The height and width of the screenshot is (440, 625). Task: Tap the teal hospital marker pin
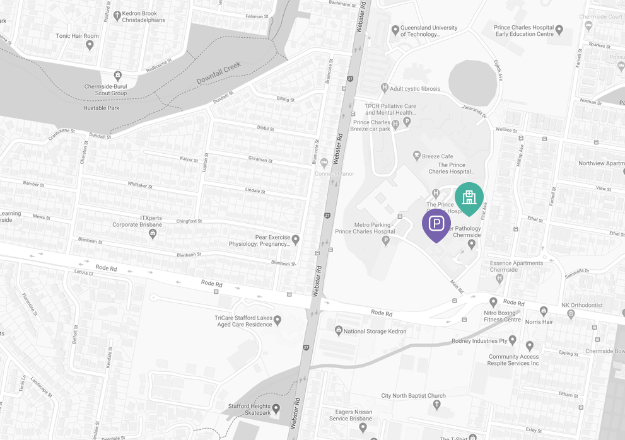click(x=469, y=197)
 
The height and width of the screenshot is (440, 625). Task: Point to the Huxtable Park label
click(x=102, y=108)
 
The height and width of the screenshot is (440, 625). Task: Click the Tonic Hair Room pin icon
click(x=90, y=45)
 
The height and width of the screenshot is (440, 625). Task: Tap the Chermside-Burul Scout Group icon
click(x=117, y=77)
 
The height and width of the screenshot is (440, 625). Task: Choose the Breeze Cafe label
click(x=438, y=156)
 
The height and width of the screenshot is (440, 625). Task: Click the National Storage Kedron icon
click(x=338, y=330)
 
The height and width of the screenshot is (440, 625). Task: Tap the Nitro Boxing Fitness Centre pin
click(x=493, y=303)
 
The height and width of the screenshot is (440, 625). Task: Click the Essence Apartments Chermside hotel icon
click(x=499, y=277)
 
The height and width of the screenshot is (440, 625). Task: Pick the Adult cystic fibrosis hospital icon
click(x=384, y=88)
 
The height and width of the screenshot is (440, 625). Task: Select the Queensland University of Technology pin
click(x=395, y=30)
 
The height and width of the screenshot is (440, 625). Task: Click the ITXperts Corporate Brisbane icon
click(x=152, y=233)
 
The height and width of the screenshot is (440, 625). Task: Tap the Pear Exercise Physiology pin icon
click(x=295, y=240)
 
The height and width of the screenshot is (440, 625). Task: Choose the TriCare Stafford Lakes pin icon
click(x=277, y=321)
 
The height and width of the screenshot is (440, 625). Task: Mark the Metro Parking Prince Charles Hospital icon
click(x=385, y=240)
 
